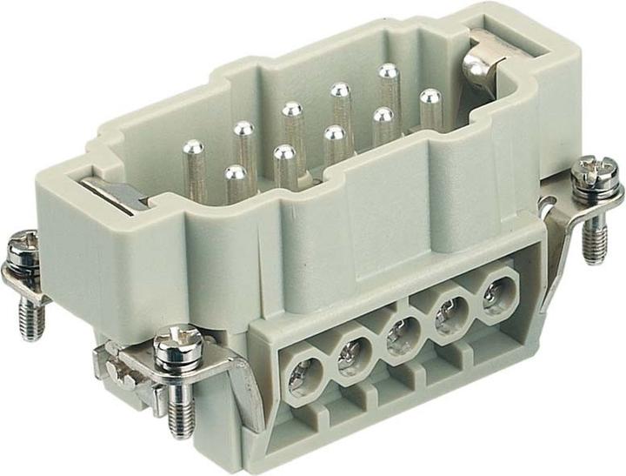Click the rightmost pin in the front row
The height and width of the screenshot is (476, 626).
coord(430,97)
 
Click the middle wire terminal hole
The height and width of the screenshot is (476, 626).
coord(401,334)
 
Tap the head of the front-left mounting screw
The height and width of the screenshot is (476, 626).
coord(177,344)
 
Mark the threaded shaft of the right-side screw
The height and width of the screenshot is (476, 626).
coord(594,238)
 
